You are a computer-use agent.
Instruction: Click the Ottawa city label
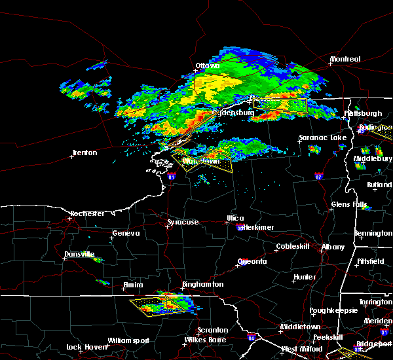tap(207, 65)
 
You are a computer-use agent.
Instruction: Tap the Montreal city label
tap(345, 59)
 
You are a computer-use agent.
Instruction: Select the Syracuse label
tap(182, 223)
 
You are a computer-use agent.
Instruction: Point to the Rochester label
tap(87, 213)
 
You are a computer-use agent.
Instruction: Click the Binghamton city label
tap(203, 285)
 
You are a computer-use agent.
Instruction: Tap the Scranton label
tap(213, 330)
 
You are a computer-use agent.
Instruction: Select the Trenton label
tap(84, 153)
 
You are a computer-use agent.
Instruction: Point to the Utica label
tap(235, 218)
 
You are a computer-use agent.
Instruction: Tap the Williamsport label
tap(128, 340)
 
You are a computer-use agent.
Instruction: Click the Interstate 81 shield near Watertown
tap(172, 177)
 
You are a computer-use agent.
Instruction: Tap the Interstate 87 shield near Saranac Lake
tap(319, 176)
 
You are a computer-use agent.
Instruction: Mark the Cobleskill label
tap(291, 247)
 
